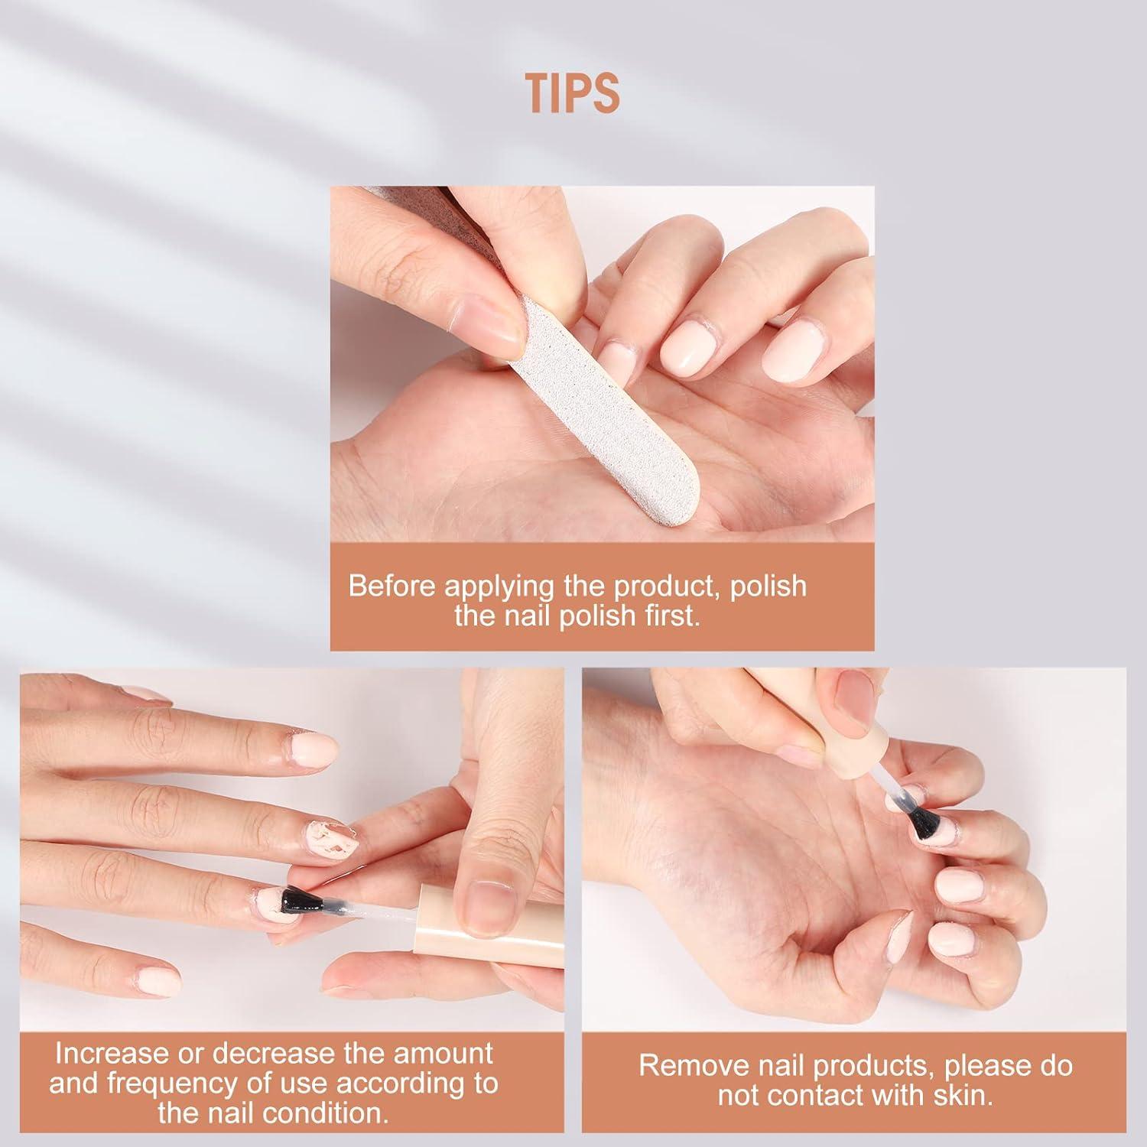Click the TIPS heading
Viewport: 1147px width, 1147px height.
[x=573, y=93]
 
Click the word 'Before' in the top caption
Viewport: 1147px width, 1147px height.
[x=393, y=586]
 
